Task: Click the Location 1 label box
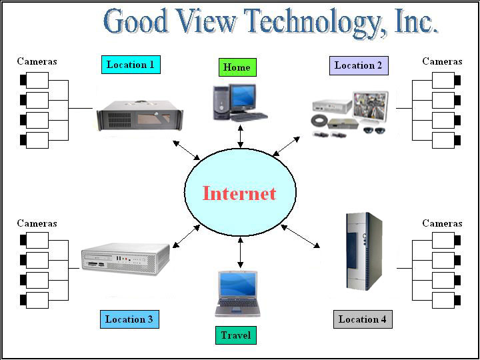[131, 65]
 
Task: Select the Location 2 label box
[359, 65]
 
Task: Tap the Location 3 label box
[129, 319]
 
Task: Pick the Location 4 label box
[363, 319]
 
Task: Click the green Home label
[237, 67]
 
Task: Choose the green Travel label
[236, 335]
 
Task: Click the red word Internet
[239, 193]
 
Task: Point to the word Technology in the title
[311, 22]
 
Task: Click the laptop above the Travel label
[237, 294]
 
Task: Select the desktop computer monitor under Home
[243, 97]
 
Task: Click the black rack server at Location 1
[140, 116]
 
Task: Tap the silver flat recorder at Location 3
[125, 259]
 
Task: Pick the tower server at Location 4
[364, 251]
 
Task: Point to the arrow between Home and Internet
[241, 136]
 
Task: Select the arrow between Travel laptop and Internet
[241, 252]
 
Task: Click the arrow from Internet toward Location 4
[300, 236]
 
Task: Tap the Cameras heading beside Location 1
[37, 61]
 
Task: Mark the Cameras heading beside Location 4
[443, 223]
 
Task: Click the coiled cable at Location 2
[319, 121]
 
